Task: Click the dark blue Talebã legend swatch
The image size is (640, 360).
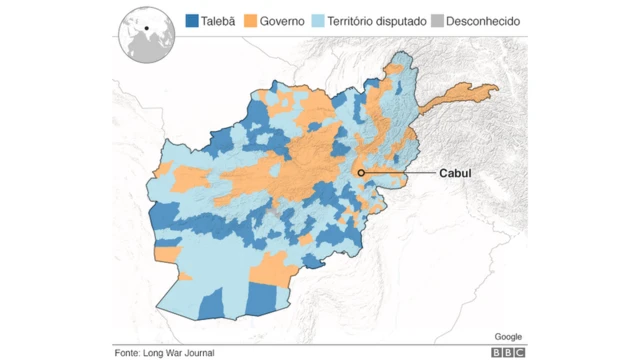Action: tap(192, 20)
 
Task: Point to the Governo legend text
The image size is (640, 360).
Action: tap(283, 20)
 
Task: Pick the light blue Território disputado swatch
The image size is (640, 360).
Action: tap(318, 20)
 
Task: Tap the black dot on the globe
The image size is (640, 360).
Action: tap(146, 27)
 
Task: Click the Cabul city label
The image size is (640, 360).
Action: tap(455, 173)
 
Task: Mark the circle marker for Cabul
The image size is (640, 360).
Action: tap(361, 173)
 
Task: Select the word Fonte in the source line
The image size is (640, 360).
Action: tap(127, 352)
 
